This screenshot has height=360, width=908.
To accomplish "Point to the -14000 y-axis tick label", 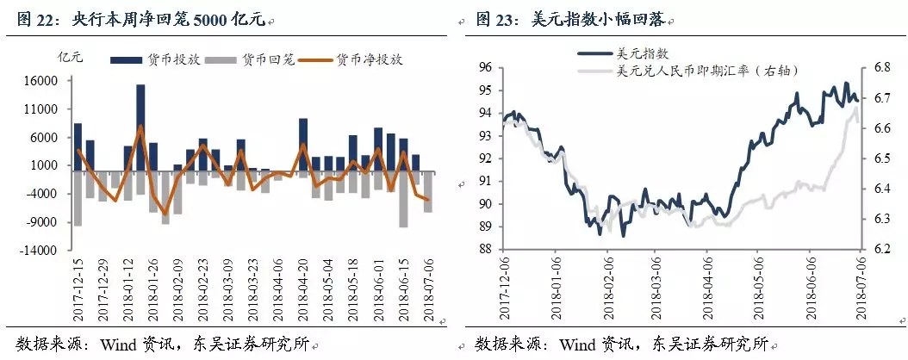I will click(x=40, y=251).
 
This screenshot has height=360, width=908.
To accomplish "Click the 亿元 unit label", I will click(x=70, y=59).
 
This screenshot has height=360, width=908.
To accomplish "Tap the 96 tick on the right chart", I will click(x=484, y=67).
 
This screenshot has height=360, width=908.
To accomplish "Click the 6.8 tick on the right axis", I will click(x=881, y=67).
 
